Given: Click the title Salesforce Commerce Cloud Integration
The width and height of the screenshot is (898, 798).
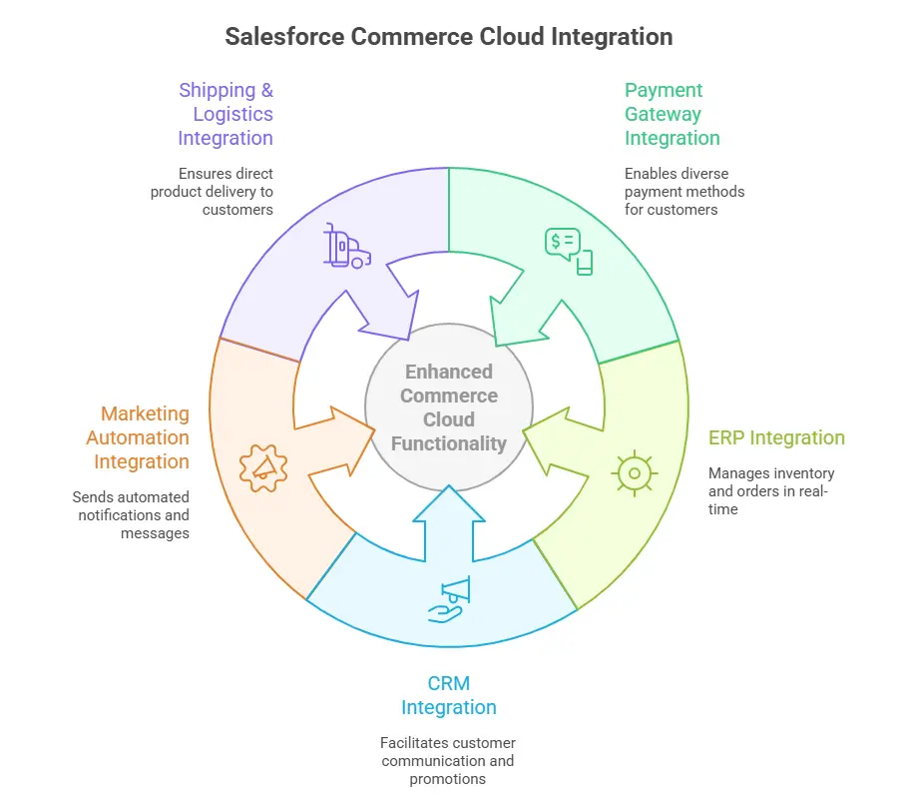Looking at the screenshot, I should [448, 37].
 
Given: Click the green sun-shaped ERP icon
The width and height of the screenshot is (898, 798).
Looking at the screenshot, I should [634, 472].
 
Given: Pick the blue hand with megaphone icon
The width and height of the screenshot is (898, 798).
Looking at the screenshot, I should [448, 600].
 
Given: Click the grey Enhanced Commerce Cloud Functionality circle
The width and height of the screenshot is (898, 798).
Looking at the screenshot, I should [448, 407].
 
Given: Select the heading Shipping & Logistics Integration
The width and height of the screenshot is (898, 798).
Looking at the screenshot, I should [226, 114].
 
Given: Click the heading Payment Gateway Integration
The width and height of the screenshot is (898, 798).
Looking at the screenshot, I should [672, 114].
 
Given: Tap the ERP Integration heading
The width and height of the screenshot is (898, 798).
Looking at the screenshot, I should [776, 437].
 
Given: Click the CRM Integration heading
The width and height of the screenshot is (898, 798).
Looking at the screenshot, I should [448, 695].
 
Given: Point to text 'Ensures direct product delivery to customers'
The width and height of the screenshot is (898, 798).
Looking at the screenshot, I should [214, 191].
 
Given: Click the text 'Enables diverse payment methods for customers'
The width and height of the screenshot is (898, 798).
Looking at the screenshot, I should [684, 191].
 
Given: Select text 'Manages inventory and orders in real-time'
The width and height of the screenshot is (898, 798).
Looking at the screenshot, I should [770, 490].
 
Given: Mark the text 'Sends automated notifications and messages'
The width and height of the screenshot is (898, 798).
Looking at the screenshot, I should [132, 514].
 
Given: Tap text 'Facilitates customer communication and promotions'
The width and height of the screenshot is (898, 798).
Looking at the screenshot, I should [448, 760].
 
